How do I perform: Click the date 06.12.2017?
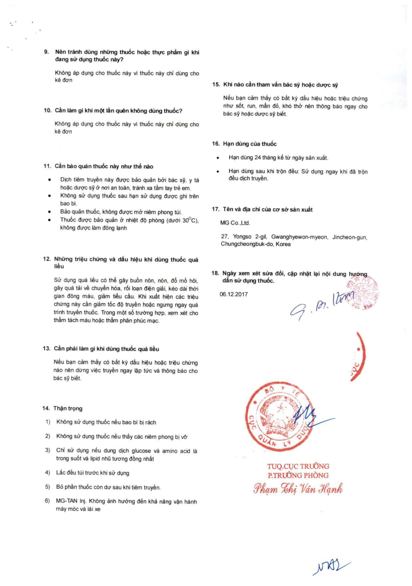pos(233,294)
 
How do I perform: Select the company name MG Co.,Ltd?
pos(235,223)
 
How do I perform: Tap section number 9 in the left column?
pos(46,52)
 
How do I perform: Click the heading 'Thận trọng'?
pos(68,408)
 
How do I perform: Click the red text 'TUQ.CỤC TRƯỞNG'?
pos(298,466)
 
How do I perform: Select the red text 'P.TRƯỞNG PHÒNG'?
pos(298,475)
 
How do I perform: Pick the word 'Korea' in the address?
pos(283,244)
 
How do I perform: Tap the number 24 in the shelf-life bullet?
pos(257,158)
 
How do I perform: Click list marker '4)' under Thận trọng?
pos(47,473)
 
